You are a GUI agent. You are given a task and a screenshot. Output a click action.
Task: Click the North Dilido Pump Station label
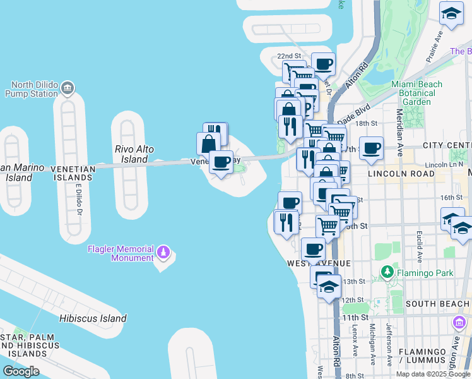click(x=35, y=89)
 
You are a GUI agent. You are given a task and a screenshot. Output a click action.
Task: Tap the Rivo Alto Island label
click(x=131, y=154)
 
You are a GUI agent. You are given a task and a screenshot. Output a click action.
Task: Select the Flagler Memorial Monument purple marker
click(x=164, y=253)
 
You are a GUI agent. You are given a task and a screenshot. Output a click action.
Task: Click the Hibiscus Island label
click(x=93, y=318)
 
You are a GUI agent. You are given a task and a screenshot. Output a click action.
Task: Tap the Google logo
click(x=21, y=371)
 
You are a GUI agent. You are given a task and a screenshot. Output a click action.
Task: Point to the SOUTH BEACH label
click(x=438, y=304)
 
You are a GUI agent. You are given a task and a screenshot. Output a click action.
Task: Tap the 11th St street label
click(x=355, y=317)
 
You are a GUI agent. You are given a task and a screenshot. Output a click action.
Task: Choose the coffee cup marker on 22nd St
click(x=323, y=63)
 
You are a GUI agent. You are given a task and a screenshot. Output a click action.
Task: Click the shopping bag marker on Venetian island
click(x=208, y=143)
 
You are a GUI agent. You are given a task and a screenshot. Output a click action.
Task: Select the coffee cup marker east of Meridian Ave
click(x=371, y=148)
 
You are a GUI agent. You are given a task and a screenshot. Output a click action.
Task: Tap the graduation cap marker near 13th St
click(x=329, y=286)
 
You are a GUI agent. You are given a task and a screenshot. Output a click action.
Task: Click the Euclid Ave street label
click(x=419, y=247)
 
